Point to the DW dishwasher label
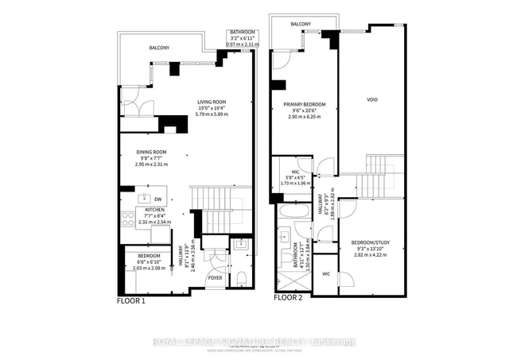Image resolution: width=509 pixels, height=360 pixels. [x=158, y=199]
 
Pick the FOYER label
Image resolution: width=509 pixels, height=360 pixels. [x=216, y=278]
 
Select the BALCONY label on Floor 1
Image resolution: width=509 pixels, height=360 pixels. [x=159, y=48]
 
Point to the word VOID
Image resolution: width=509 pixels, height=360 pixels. [x=372, y=100]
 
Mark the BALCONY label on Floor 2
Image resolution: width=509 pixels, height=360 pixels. [x=301, y=25]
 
